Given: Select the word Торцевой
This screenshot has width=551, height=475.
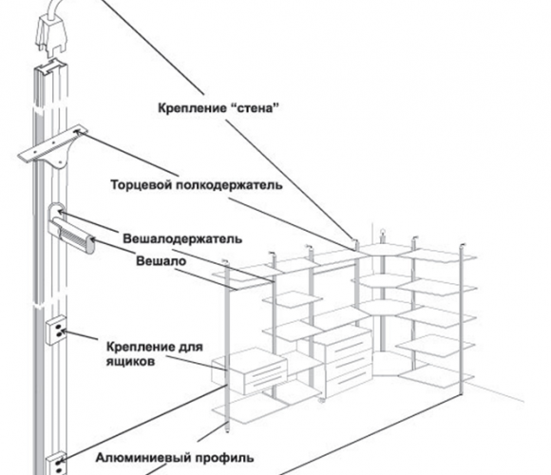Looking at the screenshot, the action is coord(141,185).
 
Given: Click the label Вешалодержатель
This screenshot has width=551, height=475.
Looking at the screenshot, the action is coord(182,238).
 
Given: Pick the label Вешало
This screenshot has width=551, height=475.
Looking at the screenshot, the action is coord(161,261).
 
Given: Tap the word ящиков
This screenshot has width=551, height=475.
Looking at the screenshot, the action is coord(130,362).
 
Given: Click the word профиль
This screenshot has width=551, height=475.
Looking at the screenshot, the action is coord(224,458).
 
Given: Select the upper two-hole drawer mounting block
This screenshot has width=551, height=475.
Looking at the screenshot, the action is coord(57,331).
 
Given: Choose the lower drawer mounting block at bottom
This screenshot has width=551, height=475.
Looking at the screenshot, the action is coord(57,464).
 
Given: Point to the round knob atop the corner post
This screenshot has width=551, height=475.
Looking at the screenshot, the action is coord(383,232).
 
